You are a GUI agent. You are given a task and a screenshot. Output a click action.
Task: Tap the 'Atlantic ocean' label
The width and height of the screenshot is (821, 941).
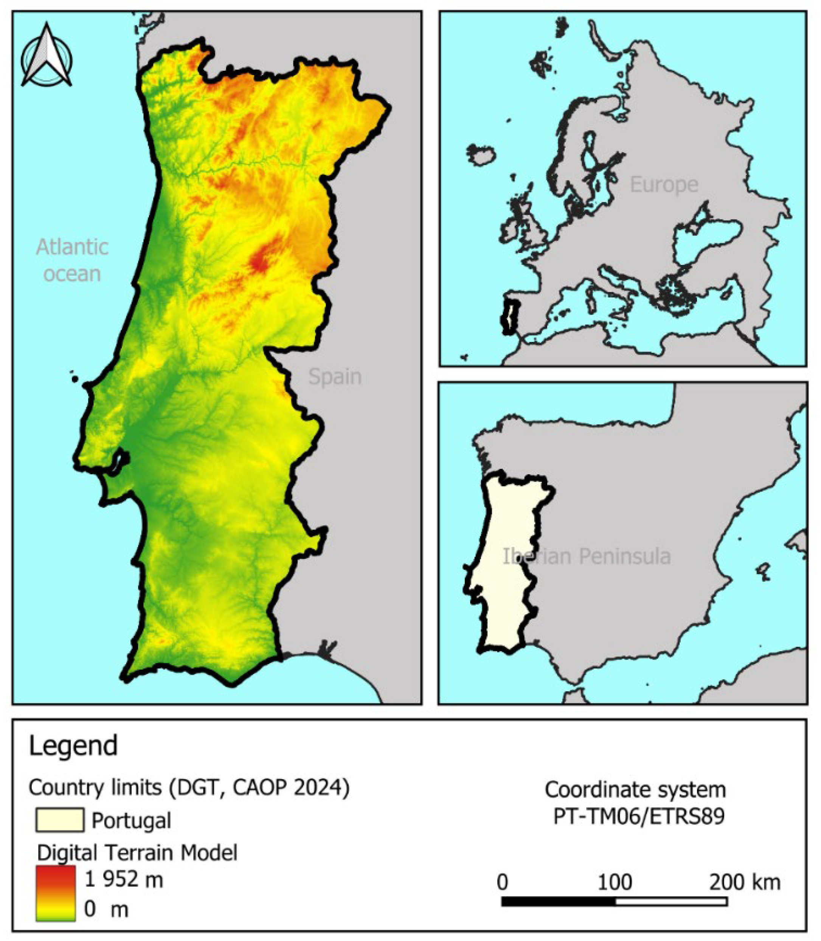click(x=72, y=260)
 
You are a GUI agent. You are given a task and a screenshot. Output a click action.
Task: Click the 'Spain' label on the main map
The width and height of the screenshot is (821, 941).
click(x=335, y=377)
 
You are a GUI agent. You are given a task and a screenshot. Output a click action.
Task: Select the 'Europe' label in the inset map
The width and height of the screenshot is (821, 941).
click(x=664, y=185)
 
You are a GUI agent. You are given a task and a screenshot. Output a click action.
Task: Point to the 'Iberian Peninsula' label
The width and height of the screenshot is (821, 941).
click(x=587, y=556)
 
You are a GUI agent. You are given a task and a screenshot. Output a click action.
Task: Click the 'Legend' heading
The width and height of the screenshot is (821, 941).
click(x=73, y=745)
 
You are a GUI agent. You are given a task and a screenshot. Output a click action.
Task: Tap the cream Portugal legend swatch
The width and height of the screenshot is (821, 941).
click(x=59, y=820)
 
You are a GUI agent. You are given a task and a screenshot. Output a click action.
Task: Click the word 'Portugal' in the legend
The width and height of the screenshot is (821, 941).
click(x=132, y=820)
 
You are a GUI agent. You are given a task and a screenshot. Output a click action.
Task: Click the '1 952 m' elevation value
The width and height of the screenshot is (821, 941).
click(x=124, y=879)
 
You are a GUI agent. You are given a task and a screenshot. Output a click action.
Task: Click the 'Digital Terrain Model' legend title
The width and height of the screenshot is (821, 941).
click(x=137, y=852)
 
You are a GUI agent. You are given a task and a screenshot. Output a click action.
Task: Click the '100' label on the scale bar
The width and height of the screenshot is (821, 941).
click(x=615, y=882)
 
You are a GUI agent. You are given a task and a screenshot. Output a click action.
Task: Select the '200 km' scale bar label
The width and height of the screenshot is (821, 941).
click(x=745, y=882)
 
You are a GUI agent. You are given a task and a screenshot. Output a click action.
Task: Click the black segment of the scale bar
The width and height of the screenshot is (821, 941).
click(x=558, y=902)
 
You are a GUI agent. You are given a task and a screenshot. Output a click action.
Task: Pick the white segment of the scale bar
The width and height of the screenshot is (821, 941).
click(x=671, y=902)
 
